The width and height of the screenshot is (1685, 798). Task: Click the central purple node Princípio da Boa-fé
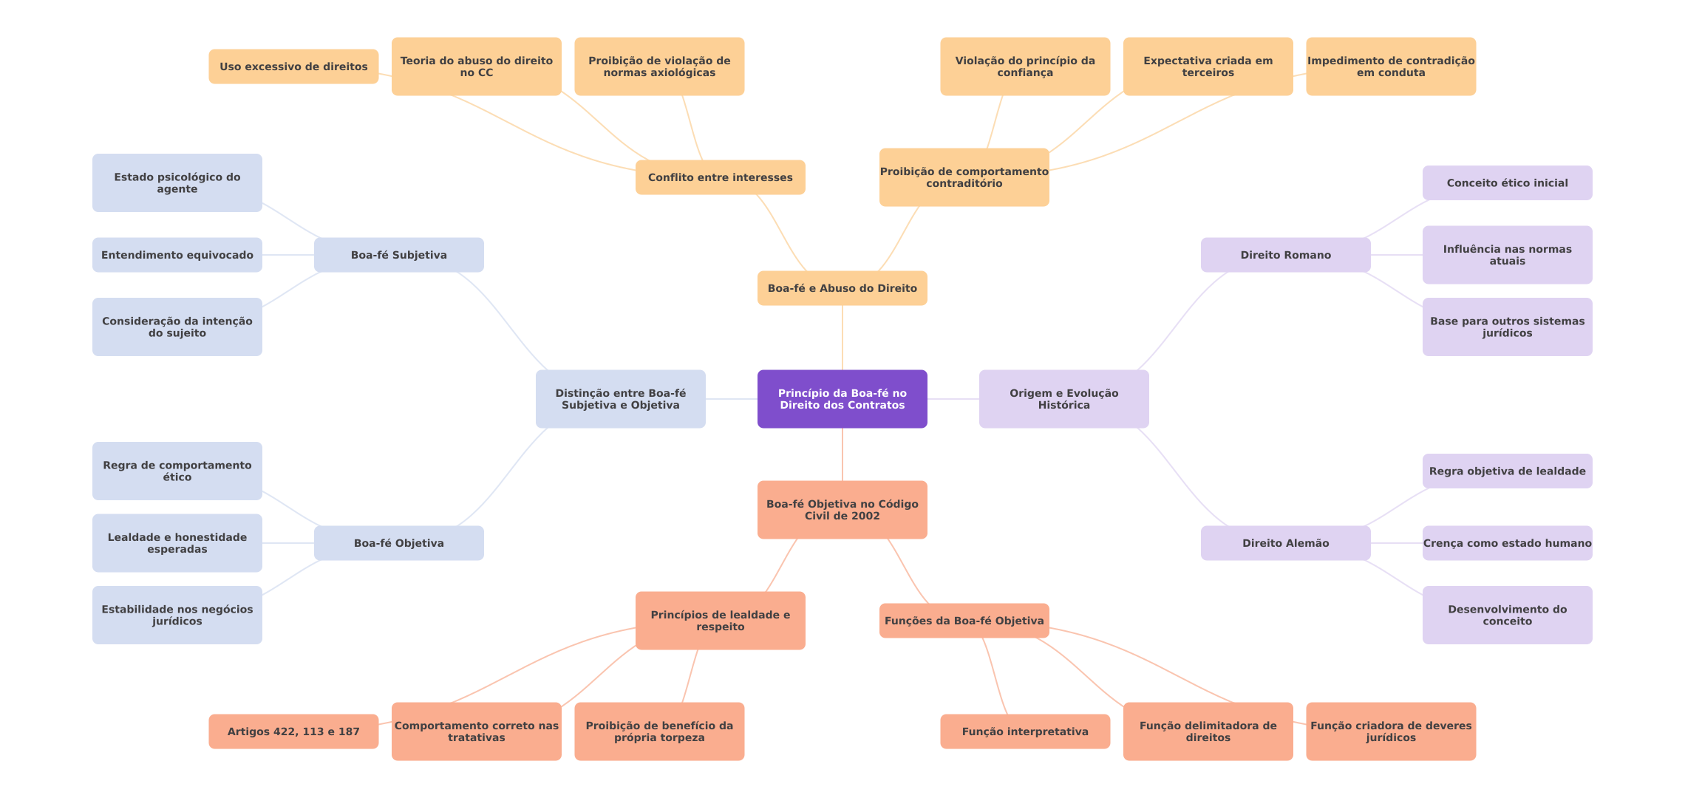pos(842,399)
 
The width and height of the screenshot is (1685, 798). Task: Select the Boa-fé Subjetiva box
pos(398,255)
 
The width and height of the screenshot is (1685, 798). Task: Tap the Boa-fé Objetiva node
pos(398,543)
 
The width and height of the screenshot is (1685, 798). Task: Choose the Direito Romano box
pos(1285,255)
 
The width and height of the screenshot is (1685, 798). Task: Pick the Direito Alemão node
pos(1285,543)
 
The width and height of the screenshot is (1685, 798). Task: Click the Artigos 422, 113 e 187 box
pos(293,731)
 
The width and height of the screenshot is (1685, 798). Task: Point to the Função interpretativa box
pos(1025,731)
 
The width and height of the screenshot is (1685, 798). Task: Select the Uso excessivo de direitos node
pos(293,66)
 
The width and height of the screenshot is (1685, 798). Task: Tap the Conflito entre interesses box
pos(720,177)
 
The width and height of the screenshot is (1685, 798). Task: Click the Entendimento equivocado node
pos(177,255)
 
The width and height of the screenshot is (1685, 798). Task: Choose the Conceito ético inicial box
pos(1507,183)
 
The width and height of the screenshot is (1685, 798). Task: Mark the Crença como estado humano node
pos(1507,543)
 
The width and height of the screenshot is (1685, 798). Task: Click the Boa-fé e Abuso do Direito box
pos(842,288)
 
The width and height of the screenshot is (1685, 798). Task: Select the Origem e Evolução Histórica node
pos(1063,399)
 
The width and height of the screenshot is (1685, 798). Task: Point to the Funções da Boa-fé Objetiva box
pos(964,621)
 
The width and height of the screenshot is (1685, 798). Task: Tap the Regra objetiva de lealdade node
pos(1507,471)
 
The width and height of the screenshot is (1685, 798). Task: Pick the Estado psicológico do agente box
pos(177,183)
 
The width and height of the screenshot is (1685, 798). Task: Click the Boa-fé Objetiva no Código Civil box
pos(842,510)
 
